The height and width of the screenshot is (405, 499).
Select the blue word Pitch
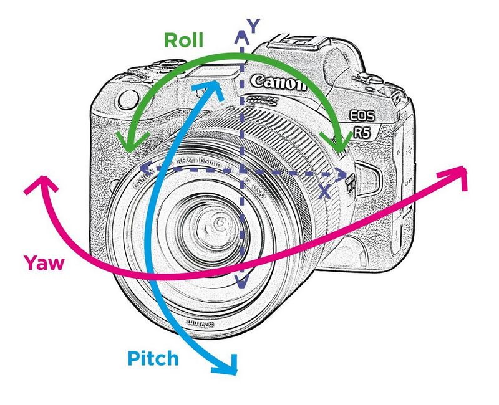(153, 358)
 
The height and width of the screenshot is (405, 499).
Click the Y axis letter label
(253, 26)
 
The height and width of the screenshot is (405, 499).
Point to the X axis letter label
(324, 192)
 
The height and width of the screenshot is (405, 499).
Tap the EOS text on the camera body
(364, 116)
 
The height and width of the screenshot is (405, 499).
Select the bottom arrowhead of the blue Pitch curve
(229, 367)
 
